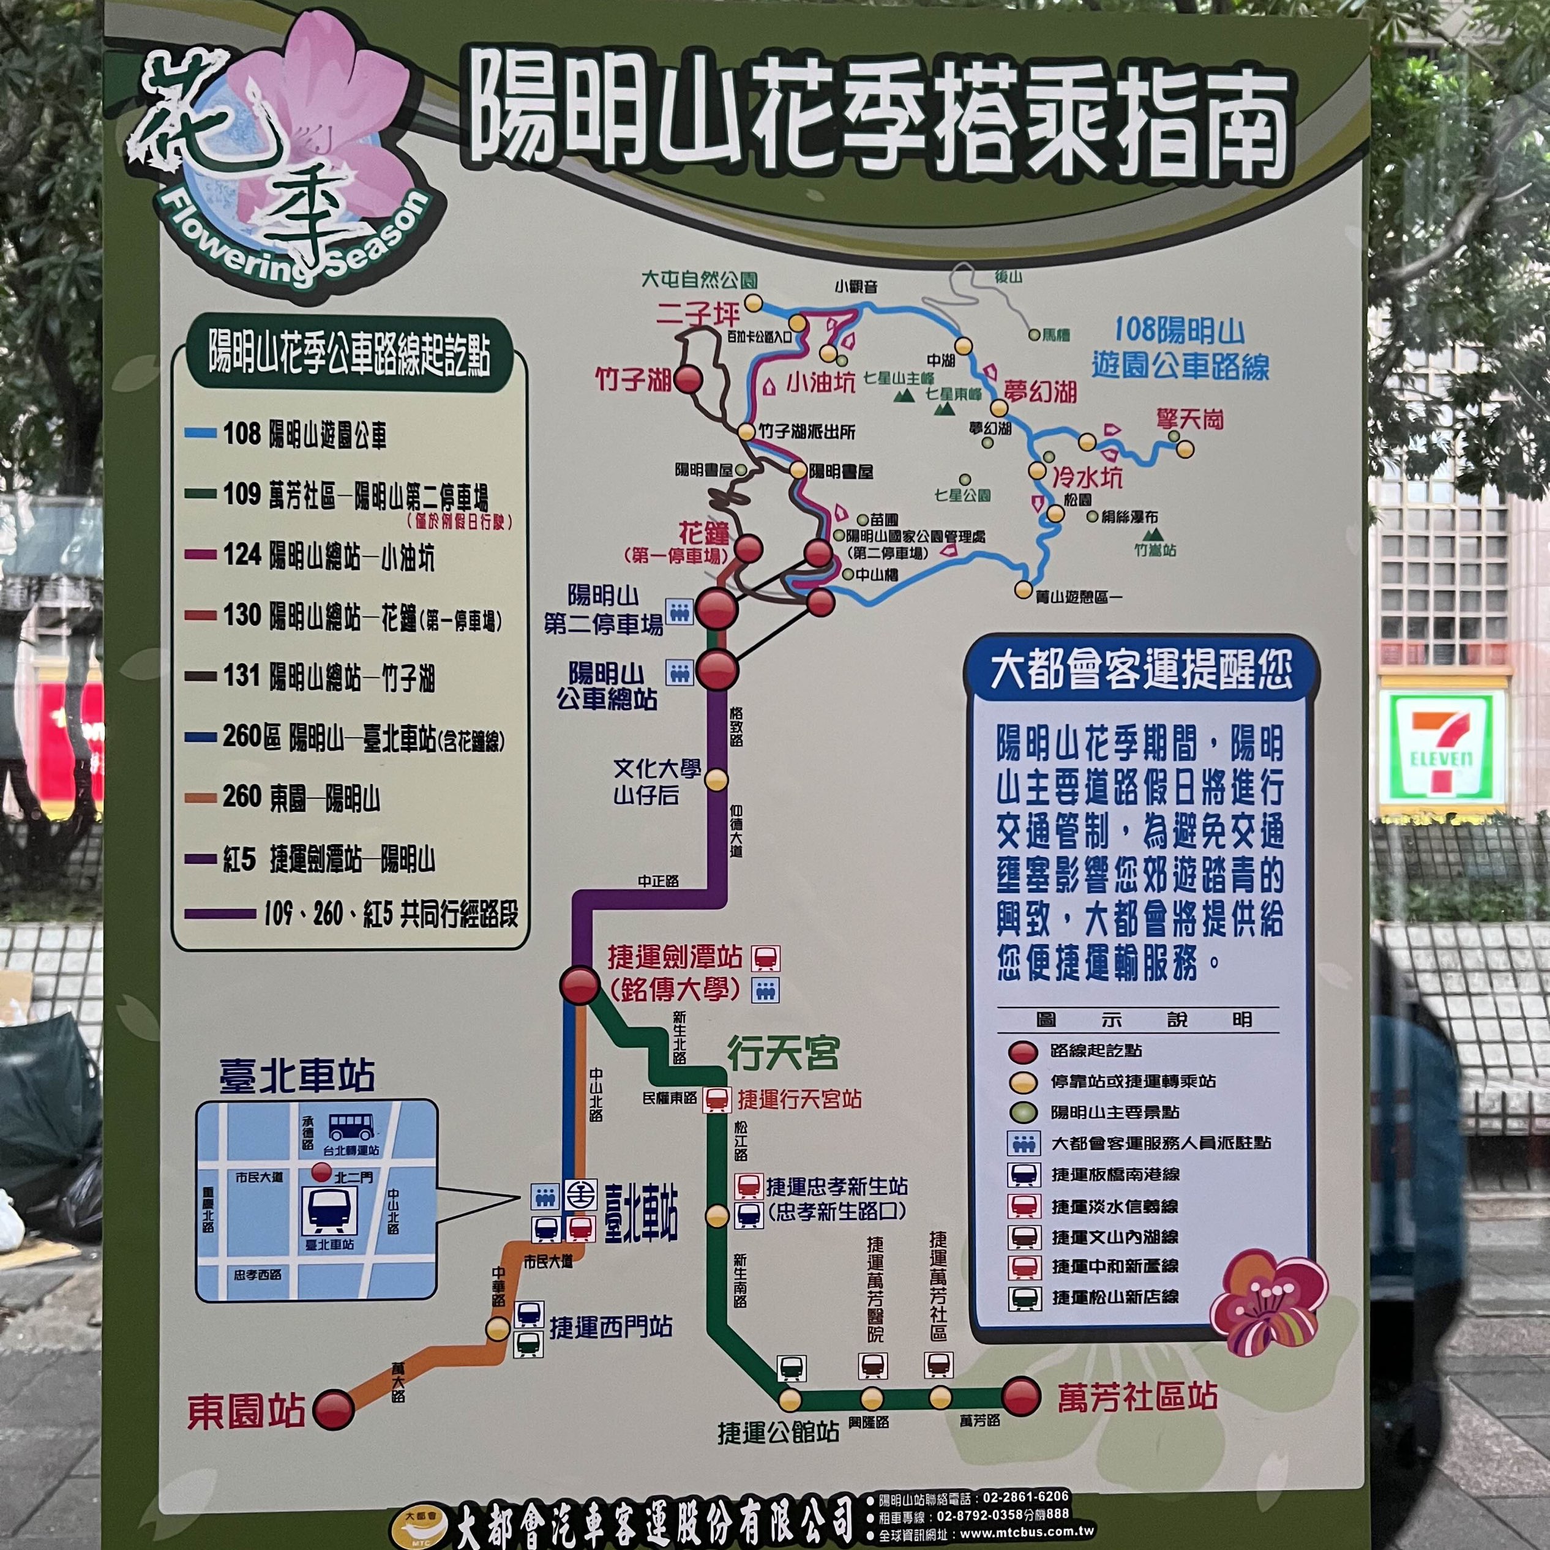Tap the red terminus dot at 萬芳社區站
click(1021, 1397)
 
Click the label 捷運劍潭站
click(675, 956)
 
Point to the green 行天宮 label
click(783, 1054)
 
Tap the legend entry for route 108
click(305, 434)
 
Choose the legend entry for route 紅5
click(329, 859)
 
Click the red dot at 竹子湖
click(687, 379)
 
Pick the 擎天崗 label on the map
click(1190, 419)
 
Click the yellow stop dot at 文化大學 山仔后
click(716, 780)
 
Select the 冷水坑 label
click(1087, 477)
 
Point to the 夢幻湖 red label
click(1041, 392)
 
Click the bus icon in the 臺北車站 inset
click(351, 1126)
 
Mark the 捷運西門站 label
click(610, 1327)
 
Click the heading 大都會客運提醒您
click(1141, 670)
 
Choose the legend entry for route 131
click(329, 676)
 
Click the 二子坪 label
click(697, 313)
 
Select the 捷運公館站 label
click(778, 1431)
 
